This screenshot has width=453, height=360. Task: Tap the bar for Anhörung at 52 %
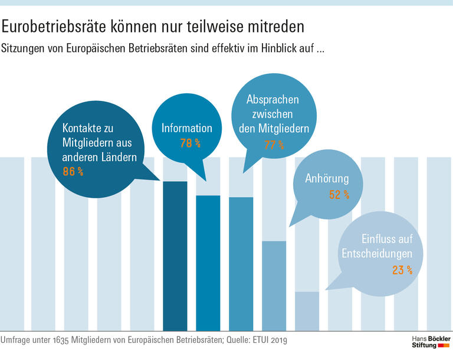pyautogui.click(x=274, y=286)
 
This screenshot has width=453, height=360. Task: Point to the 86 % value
pyautogui.click(x=73, y=172)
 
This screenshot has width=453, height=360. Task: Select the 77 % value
pyautogui.click(x=274, y=145)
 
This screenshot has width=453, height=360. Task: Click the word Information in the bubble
pyautogui.click(x=186, y=128)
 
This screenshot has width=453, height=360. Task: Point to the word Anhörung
pyautogui.click(x=327, y=179)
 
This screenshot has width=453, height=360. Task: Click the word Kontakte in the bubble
pyautogui.click(x=83, y=128)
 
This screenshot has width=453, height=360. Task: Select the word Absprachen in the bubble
pyautogui.click(x=273, y=100)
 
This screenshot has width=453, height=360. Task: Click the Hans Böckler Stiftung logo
pyautogui.click(x=431, y=341)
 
